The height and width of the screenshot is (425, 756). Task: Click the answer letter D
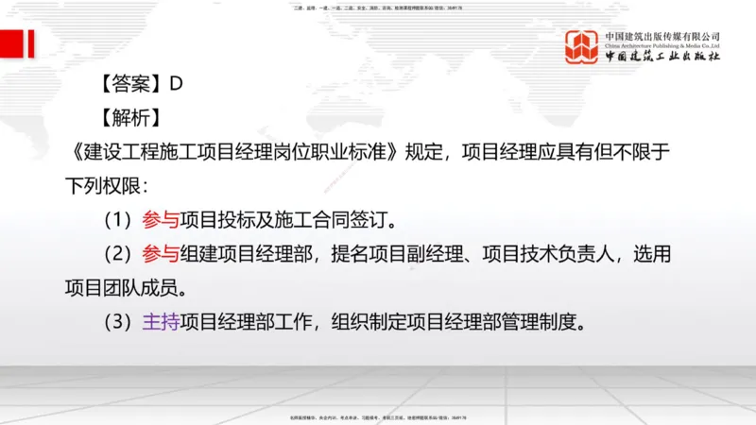pos(176,83)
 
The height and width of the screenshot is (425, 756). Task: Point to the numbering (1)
pos(120,220)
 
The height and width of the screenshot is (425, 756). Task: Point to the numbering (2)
pos(120,254)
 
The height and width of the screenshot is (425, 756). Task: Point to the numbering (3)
pos(120,322)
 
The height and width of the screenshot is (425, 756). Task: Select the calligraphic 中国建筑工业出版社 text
pos(662,57)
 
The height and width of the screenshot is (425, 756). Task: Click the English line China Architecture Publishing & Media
pos(662,45)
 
